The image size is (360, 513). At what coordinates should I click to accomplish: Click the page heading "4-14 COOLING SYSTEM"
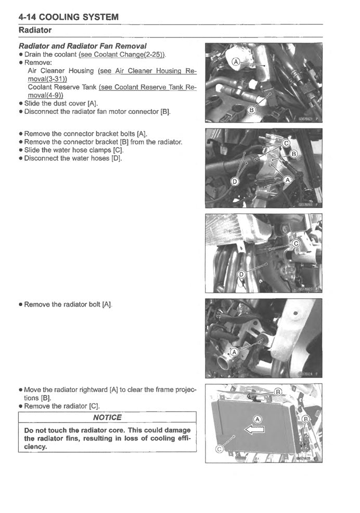click(x=69, y=17)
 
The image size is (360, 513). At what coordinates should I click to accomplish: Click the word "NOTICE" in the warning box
click(x=107, y=417)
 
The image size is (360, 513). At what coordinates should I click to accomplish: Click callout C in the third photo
click(x=295, y=243)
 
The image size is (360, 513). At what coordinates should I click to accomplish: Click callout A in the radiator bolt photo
click(x=234, y=352)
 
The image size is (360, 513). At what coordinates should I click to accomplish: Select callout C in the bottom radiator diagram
click(x=220, y=450)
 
